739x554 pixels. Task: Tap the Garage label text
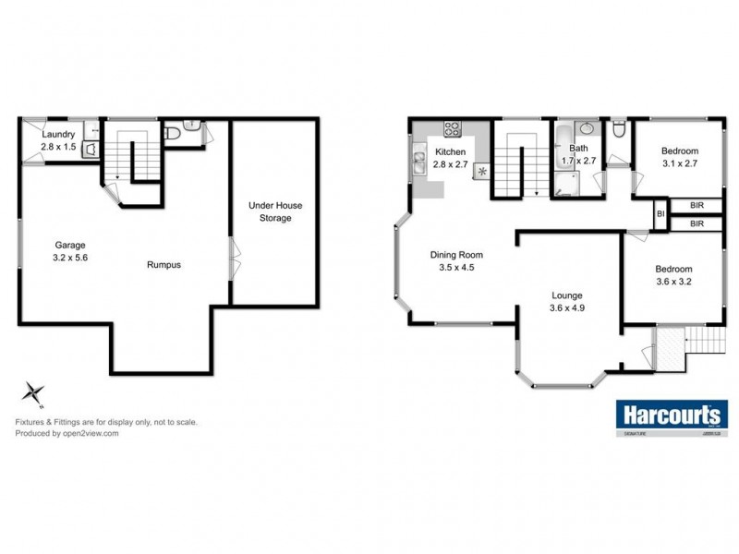click(70, 245)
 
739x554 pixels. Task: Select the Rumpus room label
click(164, 265)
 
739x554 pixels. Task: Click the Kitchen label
click(451, 151)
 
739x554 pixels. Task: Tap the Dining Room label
click(457, 256)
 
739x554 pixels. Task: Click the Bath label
click(579, 148)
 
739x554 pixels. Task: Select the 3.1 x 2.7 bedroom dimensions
click(679, 163)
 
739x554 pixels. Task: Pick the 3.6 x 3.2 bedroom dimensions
click(673, 282)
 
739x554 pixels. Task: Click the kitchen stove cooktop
click(452, 128)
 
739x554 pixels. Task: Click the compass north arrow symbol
click(34, 393)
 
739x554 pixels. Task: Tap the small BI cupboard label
click(660, 214)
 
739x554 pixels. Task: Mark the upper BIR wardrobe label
click(697, 206)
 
